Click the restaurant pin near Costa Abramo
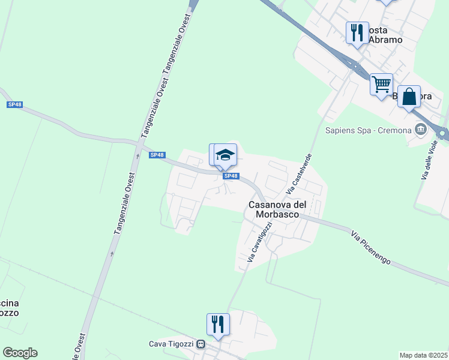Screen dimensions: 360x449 tap(357, 32)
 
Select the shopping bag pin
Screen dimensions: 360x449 tap(409, 96)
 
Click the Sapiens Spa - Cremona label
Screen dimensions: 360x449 tap(368, 130)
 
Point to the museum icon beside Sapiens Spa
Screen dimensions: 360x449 tap(420, 129)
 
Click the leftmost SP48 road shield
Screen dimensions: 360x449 tap(14, 104)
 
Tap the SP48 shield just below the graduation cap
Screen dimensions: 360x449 tap(231, 176)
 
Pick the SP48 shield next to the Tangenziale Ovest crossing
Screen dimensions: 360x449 tap(157, 155)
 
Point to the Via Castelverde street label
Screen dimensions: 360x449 tap(300, 172)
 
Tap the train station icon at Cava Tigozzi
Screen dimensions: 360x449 tap(200, 344)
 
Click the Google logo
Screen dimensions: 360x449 tap(20, 353)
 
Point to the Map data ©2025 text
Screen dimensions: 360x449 tap(423, 355)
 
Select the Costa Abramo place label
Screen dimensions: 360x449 tap(384, 35)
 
